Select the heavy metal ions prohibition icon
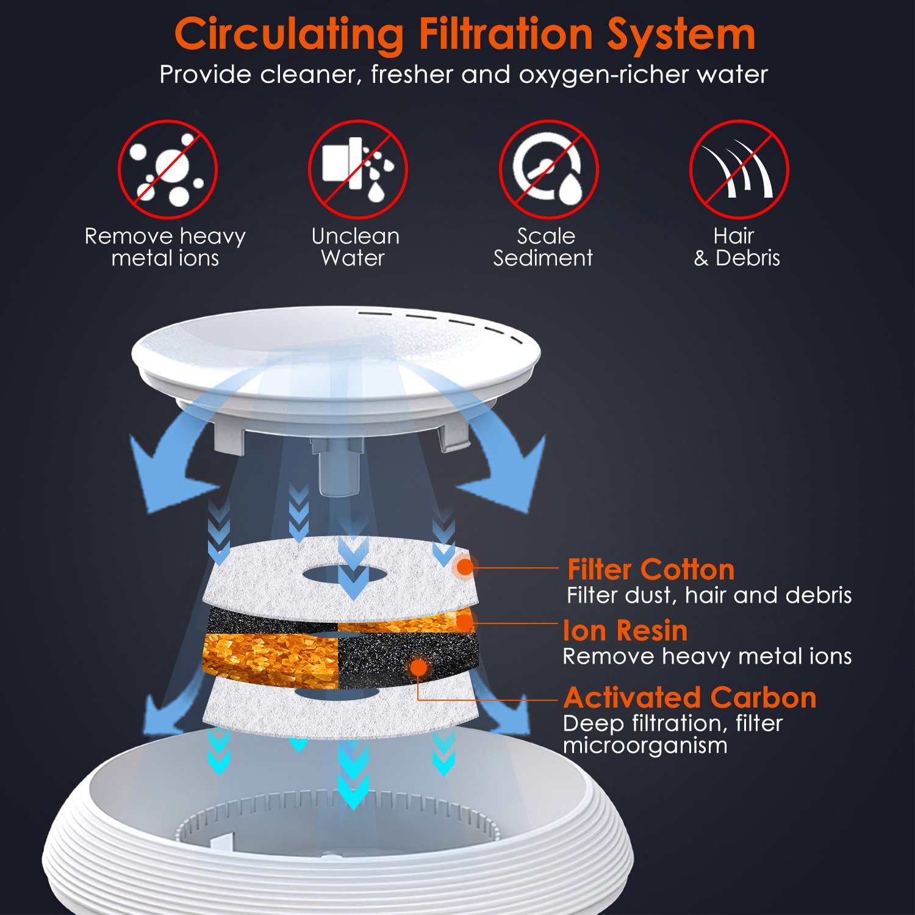click(168, 169)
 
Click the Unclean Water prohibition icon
click(358, 169)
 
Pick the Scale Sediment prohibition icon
click(549, 169)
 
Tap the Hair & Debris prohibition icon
click(739, 169)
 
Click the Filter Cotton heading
click(651, 569)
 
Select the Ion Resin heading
click(625, 630)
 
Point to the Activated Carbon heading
click(690, 697)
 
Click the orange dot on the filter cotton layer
click(465, 567)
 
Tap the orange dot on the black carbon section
click(419, 667)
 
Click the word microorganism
click(645, 745)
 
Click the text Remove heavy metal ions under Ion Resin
click(707, 656)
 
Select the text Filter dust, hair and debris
click(709, 595)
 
